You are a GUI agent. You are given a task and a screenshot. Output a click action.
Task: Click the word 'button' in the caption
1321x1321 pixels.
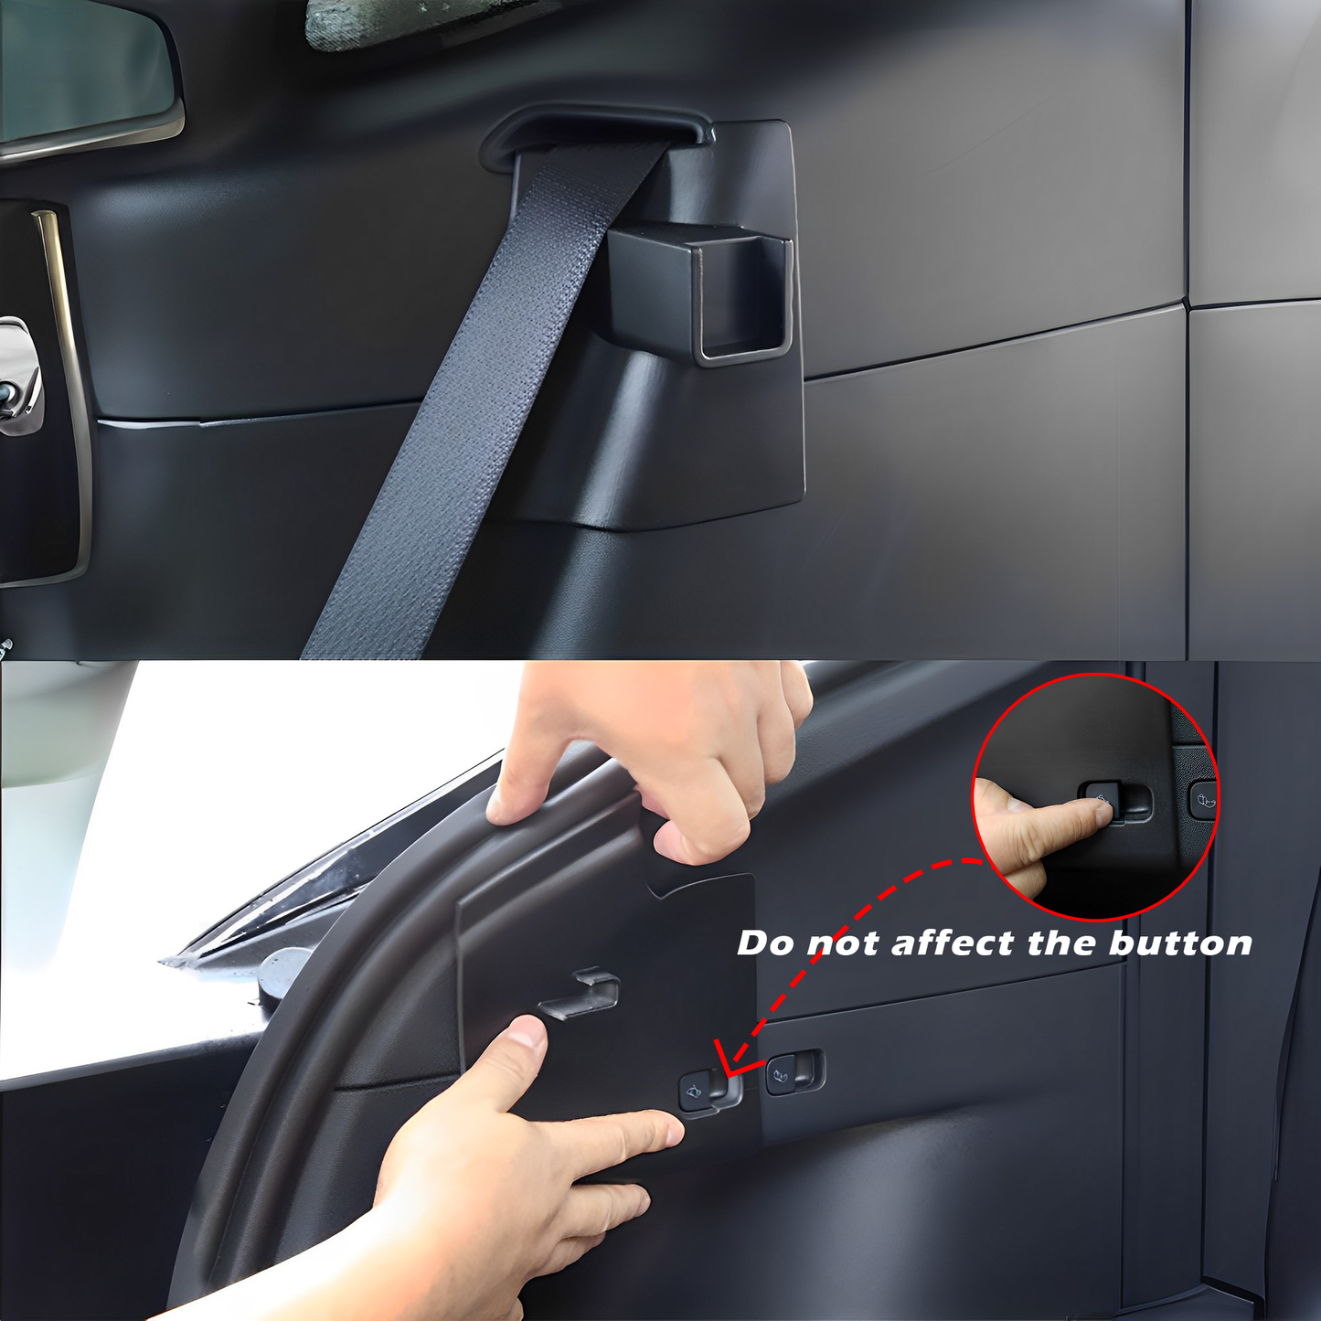point(1180,943)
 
